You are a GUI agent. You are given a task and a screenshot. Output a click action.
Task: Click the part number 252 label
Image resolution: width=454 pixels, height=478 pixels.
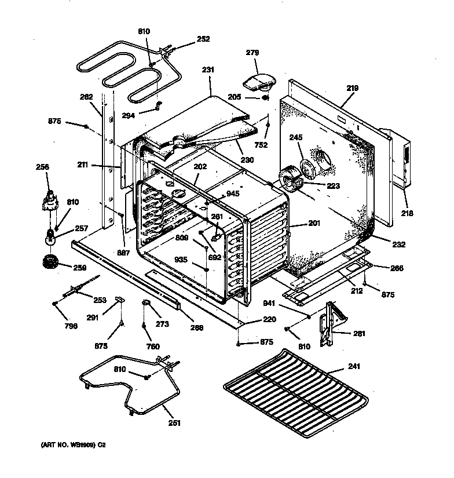(203, 39)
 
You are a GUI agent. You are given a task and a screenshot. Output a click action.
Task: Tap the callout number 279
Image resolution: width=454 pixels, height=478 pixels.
(252, 53)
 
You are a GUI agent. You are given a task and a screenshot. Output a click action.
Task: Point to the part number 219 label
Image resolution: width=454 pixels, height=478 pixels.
(352, 89)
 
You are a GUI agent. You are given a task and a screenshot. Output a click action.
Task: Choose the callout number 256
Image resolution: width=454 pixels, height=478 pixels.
(42, 167)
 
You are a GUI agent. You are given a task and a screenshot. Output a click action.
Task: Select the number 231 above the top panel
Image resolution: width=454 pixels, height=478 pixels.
(208, 70)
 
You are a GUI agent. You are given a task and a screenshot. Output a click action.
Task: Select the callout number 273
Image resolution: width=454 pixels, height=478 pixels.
(162, 324)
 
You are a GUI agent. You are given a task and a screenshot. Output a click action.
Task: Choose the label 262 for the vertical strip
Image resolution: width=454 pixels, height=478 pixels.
(86, 97)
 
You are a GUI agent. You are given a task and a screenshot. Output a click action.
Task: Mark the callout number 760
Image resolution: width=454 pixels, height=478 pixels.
(152, 347)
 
